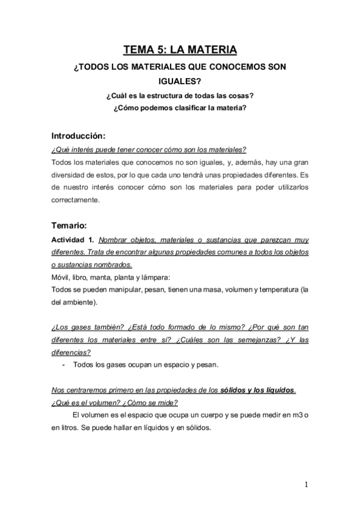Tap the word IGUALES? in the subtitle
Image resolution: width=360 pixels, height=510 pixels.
click(180, 82)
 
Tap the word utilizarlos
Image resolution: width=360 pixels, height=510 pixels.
click(288, 188)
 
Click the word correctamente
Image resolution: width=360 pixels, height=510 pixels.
click(74, 200)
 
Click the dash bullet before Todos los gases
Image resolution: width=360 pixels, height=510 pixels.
click(64, 365)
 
